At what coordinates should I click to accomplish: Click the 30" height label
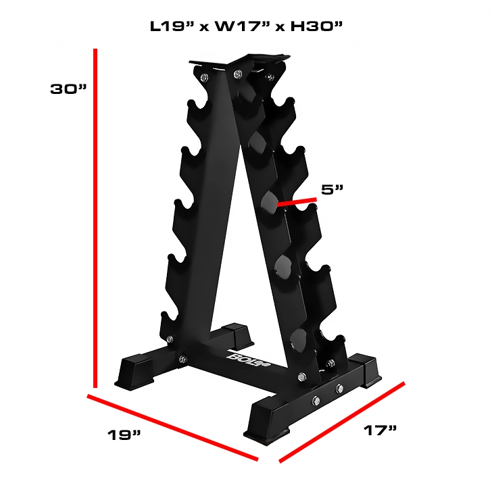tap(69, 89)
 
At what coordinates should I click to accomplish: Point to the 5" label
tap(333, 189)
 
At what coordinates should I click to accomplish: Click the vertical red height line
tap(97, 216)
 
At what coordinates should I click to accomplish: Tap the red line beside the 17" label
tap(341, 422)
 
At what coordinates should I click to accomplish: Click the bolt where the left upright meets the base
tap(182, 360)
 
